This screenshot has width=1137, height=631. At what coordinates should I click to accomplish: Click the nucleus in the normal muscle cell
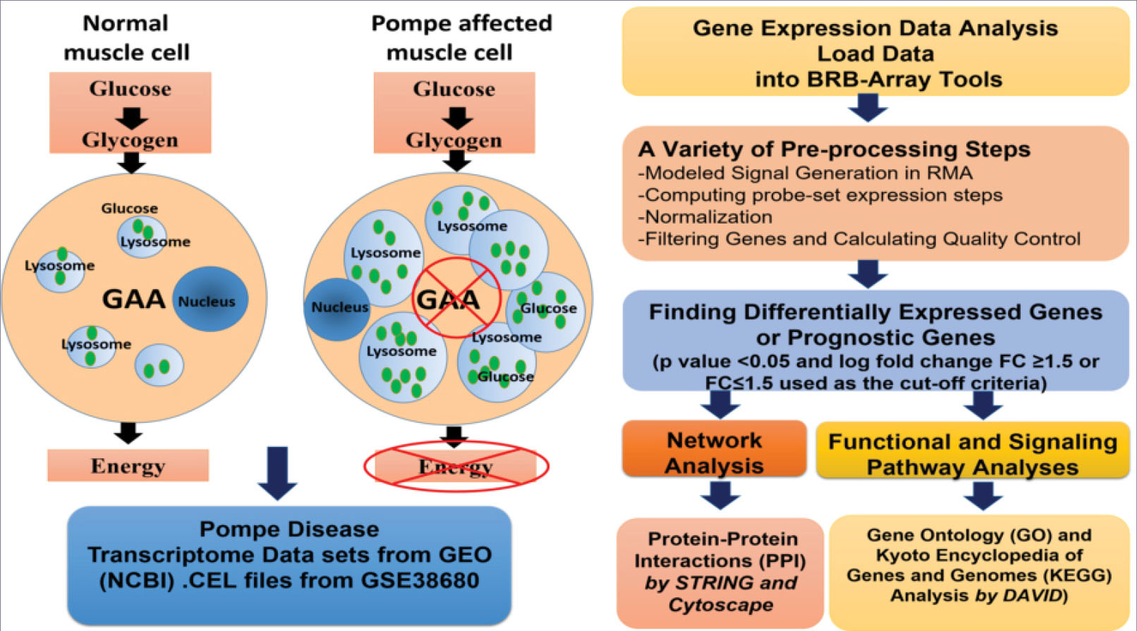click(210, 299)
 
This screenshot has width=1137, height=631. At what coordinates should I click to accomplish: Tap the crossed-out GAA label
click(448, 299)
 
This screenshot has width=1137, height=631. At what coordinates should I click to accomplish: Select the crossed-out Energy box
click(456, 466)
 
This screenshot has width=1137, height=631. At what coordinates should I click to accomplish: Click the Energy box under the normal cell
click(128, 465)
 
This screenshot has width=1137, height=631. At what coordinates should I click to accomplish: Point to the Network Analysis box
click(715, 449)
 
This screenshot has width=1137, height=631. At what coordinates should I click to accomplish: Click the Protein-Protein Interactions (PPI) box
click(719, 572)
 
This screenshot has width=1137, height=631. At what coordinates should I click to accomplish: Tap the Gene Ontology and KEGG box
click(980, 572)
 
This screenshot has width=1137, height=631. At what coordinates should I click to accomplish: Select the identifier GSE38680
click(420, 580)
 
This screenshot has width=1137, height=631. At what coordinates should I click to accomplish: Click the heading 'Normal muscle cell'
click(126, 37)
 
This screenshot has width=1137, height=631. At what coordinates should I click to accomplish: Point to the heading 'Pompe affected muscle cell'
click(461, 37)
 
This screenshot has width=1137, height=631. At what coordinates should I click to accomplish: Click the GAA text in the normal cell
click(133, 299)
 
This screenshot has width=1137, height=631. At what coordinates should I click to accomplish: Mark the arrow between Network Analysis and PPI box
click(721, 495)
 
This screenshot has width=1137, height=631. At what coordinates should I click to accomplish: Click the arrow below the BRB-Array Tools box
click(868, 108)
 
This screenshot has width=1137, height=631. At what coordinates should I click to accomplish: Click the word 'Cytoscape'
click(721, 605)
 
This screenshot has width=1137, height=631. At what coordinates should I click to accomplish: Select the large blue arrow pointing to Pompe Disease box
click(277, 473)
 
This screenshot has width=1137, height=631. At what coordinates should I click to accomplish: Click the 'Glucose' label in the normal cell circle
click(130, 208)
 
